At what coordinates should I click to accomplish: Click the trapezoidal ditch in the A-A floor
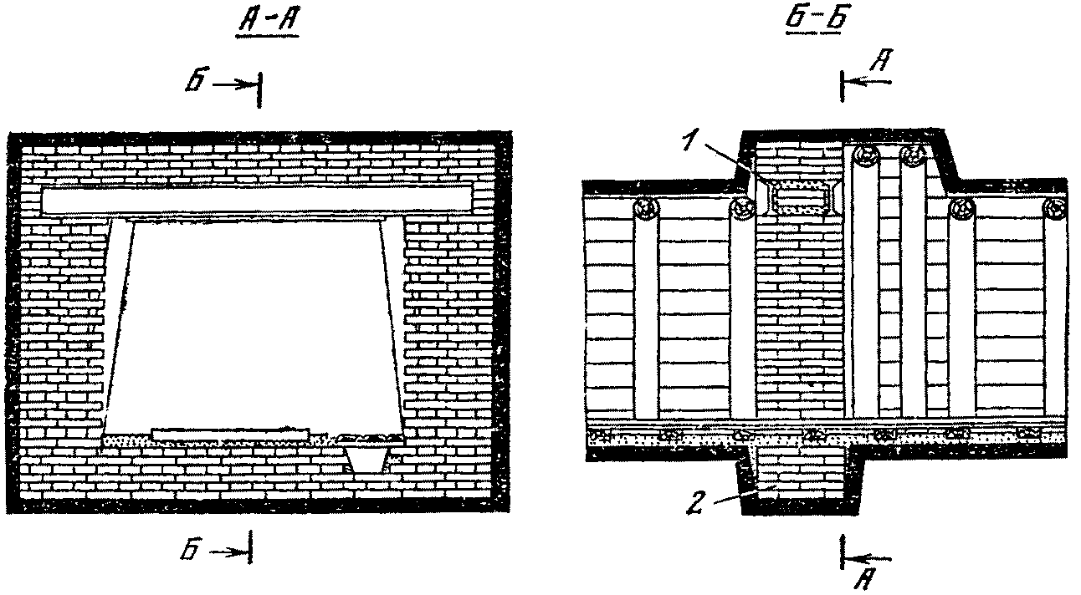tap(368, 456)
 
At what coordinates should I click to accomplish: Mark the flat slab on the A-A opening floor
tap(230, 433)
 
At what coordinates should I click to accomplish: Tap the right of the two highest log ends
tap(914, 155)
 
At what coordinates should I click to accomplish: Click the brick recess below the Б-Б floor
tap(799, 483)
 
